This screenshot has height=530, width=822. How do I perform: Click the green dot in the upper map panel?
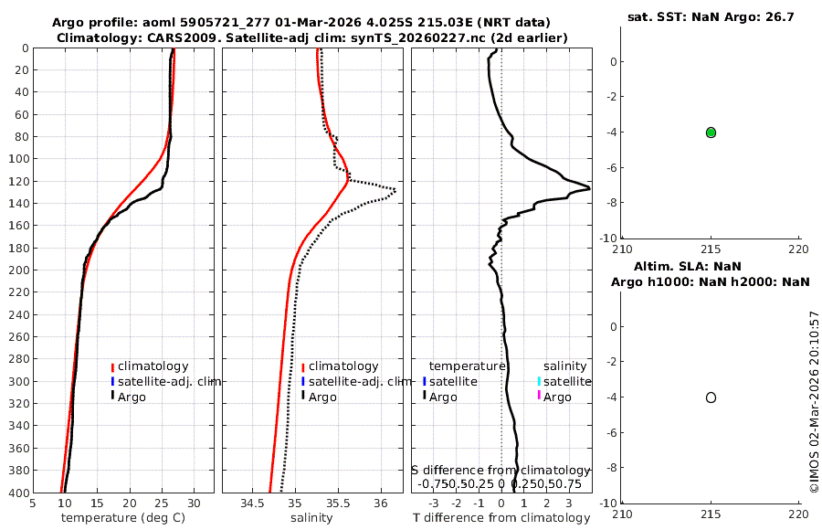click(711, 132)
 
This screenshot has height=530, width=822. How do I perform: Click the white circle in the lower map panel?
click(711, 397)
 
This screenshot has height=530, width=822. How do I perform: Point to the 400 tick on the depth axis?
click(17, 493)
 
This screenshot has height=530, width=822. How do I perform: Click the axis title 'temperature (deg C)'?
click(122, 518)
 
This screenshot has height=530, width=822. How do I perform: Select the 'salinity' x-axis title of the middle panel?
click(311, 518)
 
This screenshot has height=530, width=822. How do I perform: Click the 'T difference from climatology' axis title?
click(501, 518)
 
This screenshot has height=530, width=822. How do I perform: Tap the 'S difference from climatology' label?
click(501, 469)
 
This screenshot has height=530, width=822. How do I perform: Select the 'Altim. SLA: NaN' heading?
click(711, 266)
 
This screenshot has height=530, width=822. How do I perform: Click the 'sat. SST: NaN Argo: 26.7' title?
click(711, 16)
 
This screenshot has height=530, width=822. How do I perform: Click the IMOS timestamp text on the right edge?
click(815, 403)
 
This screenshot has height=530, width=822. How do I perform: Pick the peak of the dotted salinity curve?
click(395, 190)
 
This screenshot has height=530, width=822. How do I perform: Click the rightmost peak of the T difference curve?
click(589, 187)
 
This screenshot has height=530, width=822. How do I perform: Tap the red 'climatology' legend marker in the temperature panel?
click(112, 366)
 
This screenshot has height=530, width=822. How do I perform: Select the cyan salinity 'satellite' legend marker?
click(539, 381)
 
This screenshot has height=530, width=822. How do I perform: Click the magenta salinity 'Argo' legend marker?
click(539, 396)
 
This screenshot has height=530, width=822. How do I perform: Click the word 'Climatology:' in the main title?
click(96, 37)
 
